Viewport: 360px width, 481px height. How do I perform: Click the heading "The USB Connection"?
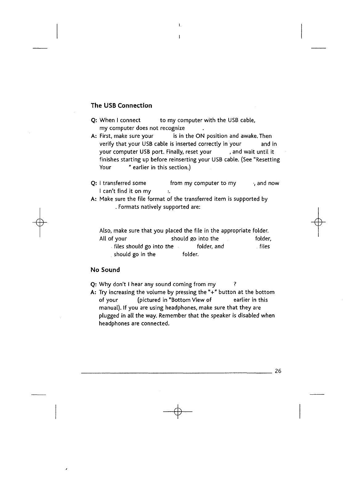coord(121,105)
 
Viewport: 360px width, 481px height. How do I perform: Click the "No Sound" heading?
coord(105,270)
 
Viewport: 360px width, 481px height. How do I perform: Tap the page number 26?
coord(278,371)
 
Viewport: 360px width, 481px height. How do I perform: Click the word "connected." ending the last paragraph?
coord(156,324)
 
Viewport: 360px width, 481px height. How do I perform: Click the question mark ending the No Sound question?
coord(235,284)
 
